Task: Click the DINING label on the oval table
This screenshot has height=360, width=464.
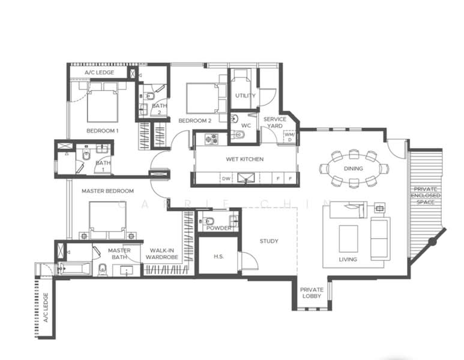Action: coord(354,169)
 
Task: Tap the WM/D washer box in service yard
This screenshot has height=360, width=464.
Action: coord(289,137)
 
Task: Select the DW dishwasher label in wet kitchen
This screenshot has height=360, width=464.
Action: coord(226,179)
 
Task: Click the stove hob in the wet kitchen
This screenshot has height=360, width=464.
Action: coord(211,139)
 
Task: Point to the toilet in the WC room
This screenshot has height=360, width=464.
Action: coord(238,135)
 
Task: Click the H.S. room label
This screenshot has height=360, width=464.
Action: coord(218,256)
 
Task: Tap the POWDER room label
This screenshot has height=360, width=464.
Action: coord(218,228)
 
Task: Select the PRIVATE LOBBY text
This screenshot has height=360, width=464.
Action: coord(312,293)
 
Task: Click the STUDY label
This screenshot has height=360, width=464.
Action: coord(269,241)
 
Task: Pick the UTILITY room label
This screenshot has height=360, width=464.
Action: coord(246,95)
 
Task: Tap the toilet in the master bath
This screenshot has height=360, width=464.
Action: coord(103,269)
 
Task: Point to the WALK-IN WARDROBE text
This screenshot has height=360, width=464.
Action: coord(162,254)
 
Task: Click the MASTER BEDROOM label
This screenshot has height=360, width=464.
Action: coord(107,191)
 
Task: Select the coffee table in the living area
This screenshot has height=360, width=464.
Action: coord(348,238)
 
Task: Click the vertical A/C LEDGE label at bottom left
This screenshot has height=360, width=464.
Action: coord(46,308)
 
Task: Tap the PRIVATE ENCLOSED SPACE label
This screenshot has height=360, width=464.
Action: coord(426,196)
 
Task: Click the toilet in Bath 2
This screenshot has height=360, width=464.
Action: coord(150,96)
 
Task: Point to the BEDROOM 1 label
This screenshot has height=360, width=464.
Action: coord(103,131)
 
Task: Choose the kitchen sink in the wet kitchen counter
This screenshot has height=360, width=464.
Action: coord(246,178)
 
